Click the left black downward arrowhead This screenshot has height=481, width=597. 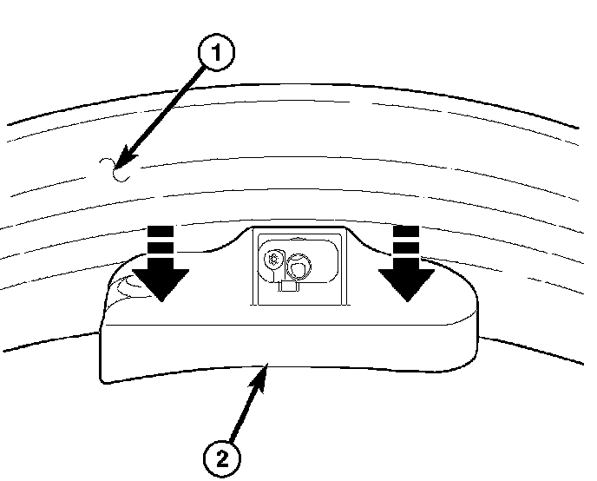(161, 283)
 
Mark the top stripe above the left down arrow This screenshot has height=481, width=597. (161, 230)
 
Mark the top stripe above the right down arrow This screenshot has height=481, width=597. (406, 230)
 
